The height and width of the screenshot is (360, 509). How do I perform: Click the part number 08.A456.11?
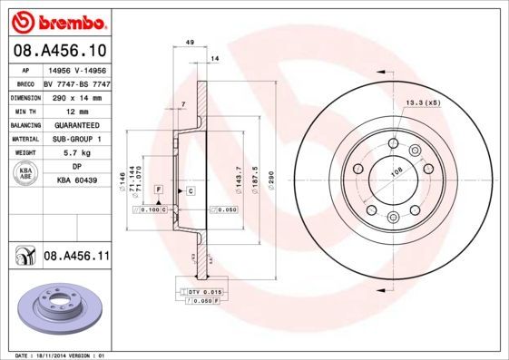click(x=76, y=258)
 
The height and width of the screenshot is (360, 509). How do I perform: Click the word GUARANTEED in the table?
click(x=73, y=124)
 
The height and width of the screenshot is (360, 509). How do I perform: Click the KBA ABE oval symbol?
click(x=25, y=174)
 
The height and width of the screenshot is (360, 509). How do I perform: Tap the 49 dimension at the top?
click(x=190, y=43)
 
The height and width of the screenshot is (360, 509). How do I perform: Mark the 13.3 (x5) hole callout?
click(x=422, y=102)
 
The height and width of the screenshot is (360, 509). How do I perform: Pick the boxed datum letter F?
click(x=158, y=188)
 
